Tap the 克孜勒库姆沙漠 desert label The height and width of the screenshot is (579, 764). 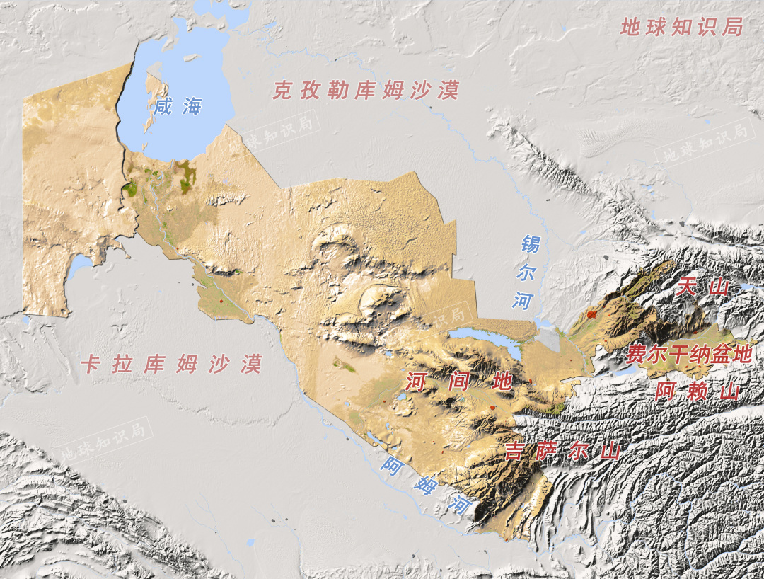tap(366, 91)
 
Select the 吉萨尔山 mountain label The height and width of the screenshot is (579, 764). tap(562, 451)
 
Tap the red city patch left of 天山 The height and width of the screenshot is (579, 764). tap(592, 312)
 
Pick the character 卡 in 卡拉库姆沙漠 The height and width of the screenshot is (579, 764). tap(90, 364)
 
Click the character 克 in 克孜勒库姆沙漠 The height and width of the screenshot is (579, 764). tap(283, 91)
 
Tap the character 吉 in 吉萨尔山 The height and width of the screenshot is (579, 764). tap(514, 451)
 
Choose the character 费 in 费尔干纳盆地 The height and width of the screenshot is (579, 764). tap(635, 355)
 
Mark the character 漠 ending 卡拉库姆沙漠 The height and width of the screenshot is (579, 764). tap(251, 364)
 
